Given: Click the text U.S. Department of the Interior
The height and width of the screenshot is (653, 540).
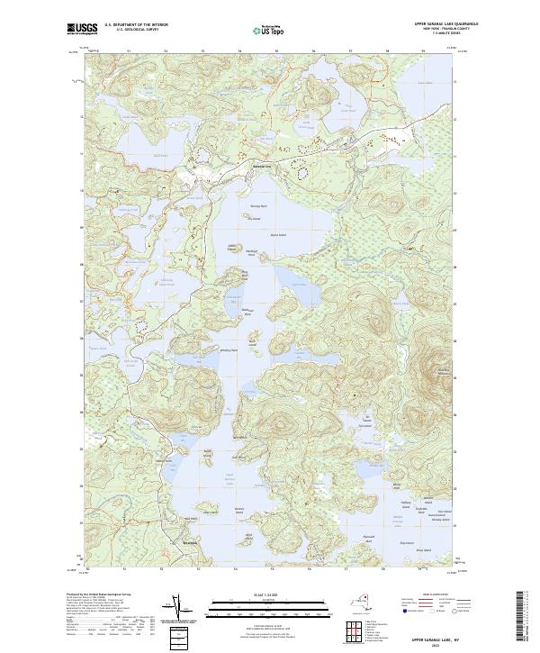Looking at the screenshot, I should (130, 26).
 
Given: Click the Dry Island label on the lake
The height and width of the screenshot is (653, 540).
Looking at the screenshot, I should (254, 219).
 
